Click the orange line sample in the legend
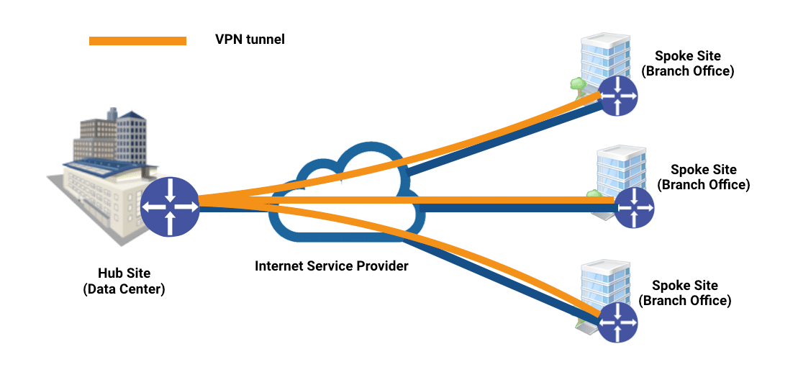[137, 41]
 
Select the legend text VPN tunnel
[250, 40]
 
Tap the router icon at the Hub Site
[169, 206]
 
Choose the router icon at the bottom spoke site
[617, 322]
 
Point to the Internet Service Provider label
[332, 266]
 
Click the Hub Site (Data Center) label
[124, 281]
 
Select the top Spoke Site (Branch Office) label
[688, 63]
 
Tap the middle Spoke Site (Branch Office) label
[703, 177]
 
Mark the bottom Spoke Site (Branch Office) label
[685, 293]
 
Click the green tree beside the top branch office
[577, 84]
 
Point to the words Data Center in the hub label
[124, 289]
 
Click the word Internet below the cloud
[277, 266]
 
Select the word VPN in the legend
[228, 40]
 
